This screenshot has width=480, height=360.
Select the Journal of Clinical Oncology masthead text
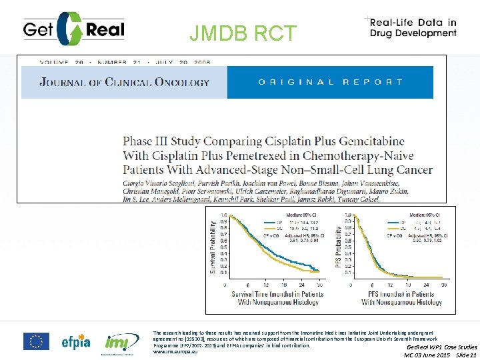click(x=124, y=83)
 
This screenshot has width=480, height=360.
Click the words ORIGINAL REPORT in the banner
click(x=331, y=83)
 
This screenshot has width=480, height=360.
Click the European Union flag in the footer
click(x=36, y=341)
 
